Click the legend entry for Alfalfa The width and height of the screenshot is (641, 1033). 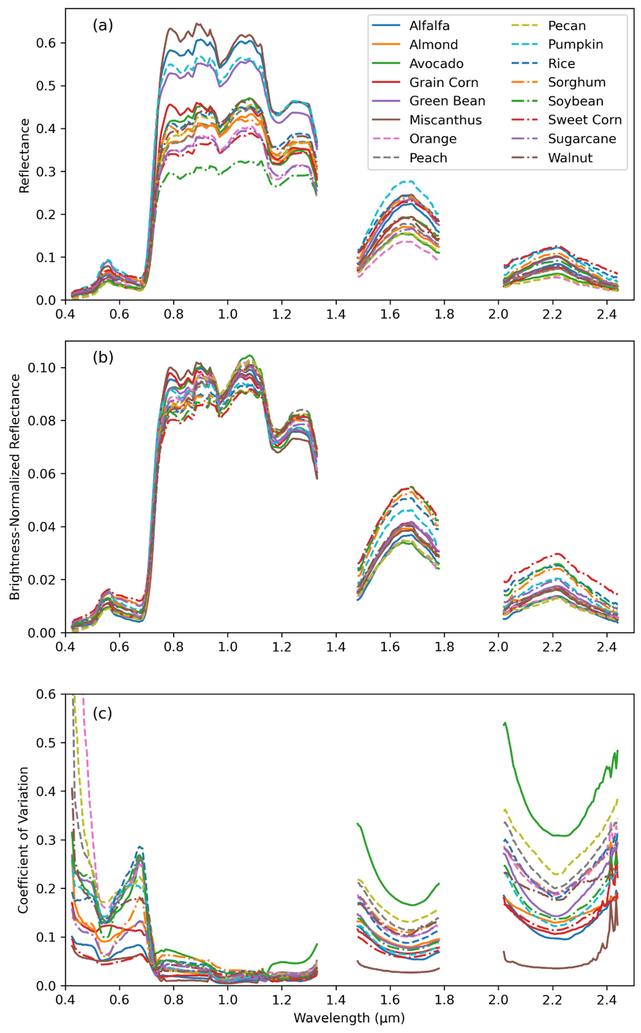point(429,26)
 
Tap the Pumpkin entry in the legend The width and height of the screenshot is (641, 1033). point(575,44)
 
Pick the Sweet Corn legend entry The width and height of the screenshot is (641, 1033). point(585,120)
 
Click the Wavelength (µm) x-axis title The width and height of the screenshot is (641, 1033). point(349,1018)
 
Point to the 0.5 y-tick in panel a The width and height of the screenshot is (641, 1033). point(46,86)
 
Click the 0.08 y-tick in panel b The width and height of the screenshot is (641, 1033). point(42,421)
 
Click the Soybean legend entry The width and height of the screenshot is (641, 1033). point(575,101)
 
